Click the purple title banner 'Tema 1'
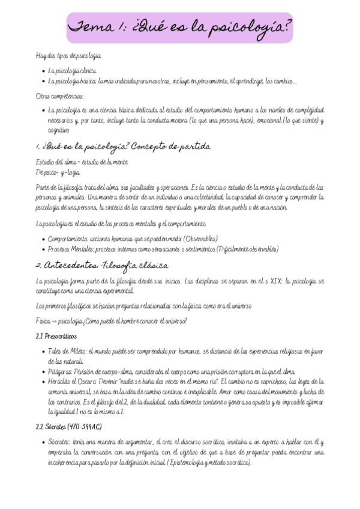click(x=179, y=28)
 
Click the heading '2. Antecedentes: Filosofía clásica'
click(x=101, y=266)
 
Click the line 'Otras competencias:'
click(x=60, y=95)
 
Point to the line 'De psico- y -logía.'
click(x=59, y=172)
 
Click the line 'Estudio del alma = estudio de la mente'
click(x=81, y=162)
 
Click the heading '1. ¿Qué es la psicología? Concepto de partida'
click(x=120, y=146)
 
